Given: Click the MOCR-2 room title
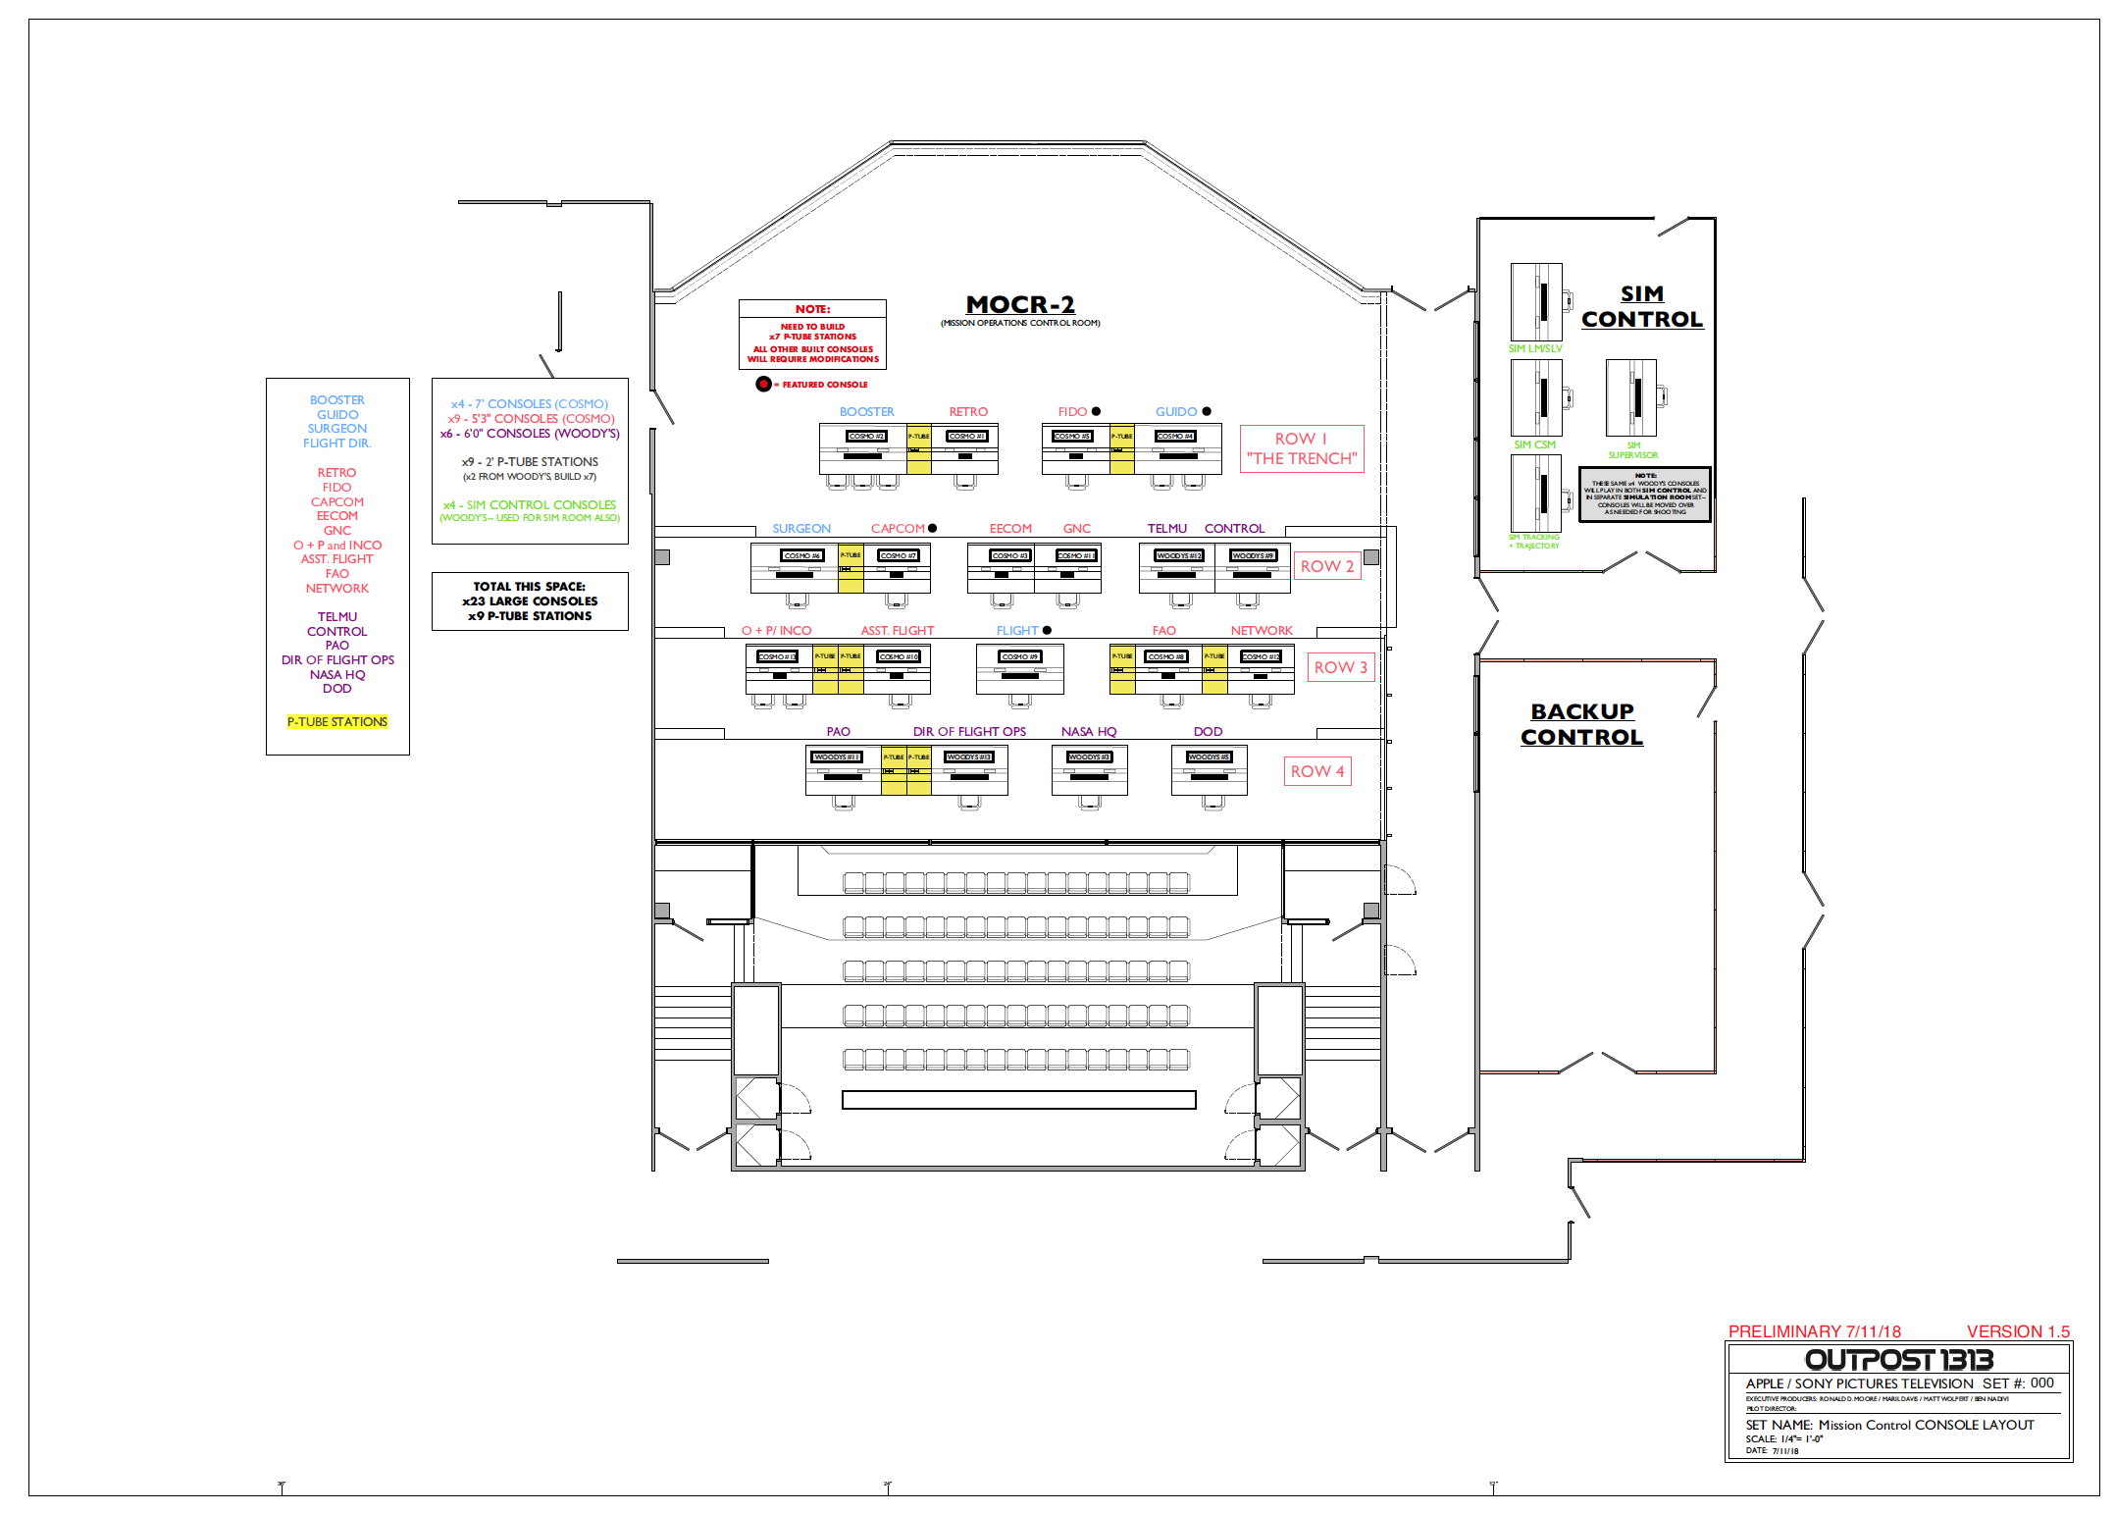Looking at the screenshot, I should (x=1020, y=305).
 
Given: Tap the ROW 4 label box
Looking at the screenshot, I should (x=1316, y=771).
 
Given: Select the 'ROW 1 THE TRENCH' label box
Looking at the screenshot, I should (x=1302, y=448).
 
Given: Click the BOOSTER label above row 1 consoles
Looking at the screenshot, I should (x=866, y=412).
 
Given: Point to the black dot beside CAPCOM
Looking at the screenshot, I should (x=932, y=528).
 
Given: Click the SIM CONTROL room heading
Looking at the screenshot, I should (x=1642, y=306).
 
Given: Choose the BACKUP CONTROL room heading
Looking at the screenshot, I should (x=1581, y=724).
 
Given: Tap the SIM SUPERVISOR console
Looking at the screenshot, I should (x=1631, y=397).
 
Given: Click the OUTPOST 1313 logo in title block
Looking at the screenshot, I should (x=1898, y=1359).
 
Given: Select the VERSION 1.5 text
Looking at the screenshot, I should (x=2018, y=1331).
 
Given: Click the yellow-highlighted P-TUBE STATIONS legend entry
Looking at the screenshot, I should (x=337, y=722).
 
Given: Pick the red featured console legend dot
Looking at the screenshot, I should (x=763, y=384).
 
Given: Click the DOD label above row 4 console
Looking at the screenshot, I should (x=1208, y=732).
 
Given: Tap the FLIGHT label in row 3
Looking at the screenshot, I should (x=1016, y=631).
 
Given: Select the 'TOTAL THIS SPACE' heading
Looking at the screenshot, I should (x=529, y=587).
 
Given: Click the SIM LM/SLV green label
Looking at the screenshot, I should (x=1535, y=348).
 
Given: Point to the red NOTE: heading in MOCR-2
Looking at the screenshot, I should (x=812, y=309).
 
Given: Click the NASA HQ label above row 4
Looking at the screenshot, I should (x=1089, y=732).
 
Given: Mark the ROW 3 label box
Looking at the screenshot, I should (x=1340, y=667).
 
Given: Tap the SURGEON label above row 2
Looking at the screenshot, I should (x=801, y=529).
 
